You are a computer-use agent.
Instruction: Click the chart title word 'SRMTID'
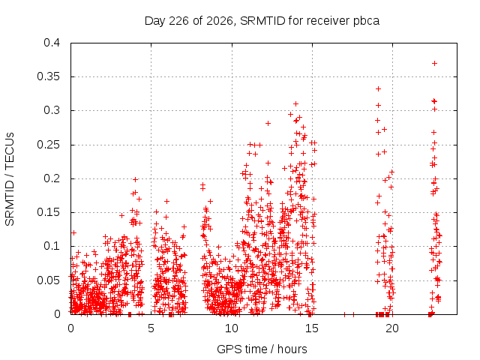pos(262,21)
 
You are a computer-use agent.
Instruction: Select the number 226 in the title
pos(178,21)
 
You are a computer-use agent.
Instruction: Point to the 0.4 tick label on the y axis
pos(52,43)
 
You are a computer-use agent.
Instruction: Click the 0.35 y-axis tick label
pos(48,76)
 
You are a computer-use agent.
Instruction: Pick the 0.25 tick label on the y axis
pos(48,145)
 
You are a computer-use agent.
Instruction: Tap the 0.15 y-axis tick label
pos(48,212)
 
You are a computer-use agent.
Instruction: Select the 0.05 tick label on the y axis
pos(48,280)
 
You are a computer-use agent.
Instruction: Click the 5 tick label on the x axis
pos(151,328)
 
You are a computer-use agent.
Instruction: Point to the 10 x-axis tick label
pos(232,328)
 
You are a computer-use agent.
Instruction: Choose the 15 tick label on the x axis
pos(312,328)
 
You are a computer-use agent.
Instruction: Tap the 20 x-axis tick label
pos(392,328)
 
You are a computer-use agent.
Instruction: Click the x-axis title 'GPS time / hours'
pos(262,349)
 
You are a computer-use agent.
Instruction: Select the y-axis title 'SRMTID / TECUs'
pos(10,179)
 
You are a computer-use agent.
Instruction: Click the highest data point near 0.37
pos(434,63)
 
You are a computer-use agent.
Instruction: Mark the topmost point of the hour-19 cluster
pos(378,88)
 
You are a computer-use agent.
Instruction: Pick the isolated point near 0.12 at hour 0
pos(73,233)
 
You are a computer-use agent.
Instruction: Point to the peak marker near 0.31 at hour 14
pos(295,103)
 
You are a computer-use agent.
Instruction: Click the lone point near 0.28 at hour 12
pos(268,123)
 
